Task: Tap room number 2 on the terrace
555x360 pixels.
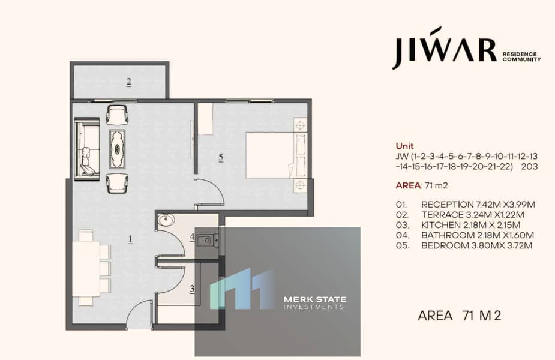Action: coord(129,82)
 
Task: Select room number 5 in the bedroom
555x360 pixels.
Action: coord(221,157)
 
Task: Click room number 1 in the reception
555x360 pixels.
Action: coord(131,239)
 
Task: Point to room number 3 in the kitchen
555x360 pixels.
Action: coord(192,289)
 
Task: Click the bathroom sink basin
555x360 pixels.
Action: coord(166,220)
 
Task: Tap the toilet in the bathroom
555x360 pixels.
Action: coord(208,241)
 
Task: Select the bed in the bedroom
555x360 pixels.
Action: coord(277,155)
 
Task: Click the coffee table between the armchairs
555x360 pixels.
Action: coord(117,149)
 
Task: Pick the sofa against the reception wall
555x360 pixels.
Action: coord(87,149)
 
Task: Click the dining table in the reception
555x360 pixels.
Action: coord(86,268)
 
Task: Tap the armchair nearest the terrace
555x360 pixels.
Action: coord(117,115)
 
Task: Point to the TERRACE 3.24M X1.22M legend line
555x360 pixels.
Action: coord(473,215)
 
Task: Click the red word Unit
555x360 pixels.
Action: coord(404,146)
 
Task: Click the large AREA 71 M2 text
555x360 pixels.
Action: coord(460,316)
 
